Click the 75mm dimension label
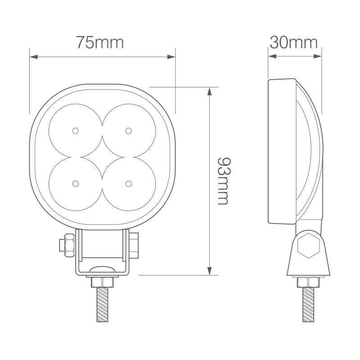pos(99,43)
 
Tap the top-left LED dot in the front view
pos(75,130)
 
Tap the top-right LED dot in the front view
pos(129,130)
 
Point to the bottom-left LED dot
pos(75,184)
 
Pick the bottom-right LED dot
pos(129,184)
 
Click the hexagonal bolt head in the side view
pos(308,245)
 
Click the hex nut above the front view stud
pos(102,282)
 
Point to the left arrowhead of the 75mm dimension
pos(32,57)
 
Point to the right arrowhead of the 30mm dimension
pos(319,57)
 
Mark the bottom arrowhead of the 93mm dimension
pos(209,271)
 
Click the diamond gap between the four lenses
pos(102,157)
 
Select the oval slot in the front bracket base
pos(102,269)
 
